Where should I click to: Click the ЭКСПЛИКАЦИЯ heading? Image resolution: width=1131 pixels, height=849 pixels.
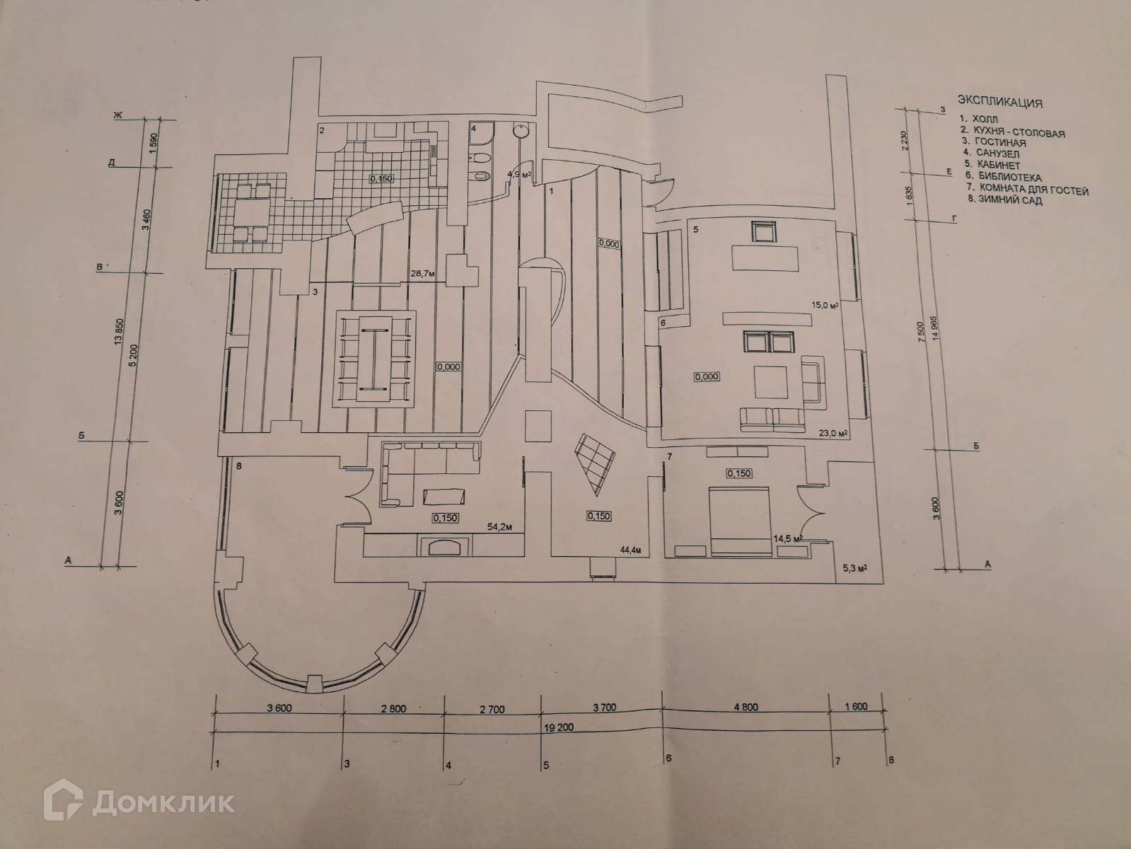pyautogui.click(x=999, y=100)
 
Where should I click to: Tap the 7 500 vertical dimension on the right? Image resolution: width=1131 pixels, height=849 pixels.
pyautogui.click(x=920, y=333)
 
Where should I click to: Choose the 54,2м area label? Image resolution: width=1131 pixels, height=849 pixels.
pyautogui.click(x=499, y=526)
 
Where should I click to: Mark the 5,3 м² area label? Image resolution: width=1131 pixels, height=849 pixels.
pyautogui.click(x=855, y=567)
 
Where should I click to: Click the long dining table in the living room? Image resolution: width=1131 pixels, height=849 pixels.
pyautogui.click(x=373, y=360)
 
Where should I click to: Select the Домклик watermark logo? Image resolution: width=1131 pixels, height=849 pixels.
pyautogui.click(x=141, y=802)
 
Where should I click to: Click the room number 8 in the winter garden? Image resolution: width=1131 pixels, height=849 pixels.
pyautogui.click(x=239, y=466)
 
